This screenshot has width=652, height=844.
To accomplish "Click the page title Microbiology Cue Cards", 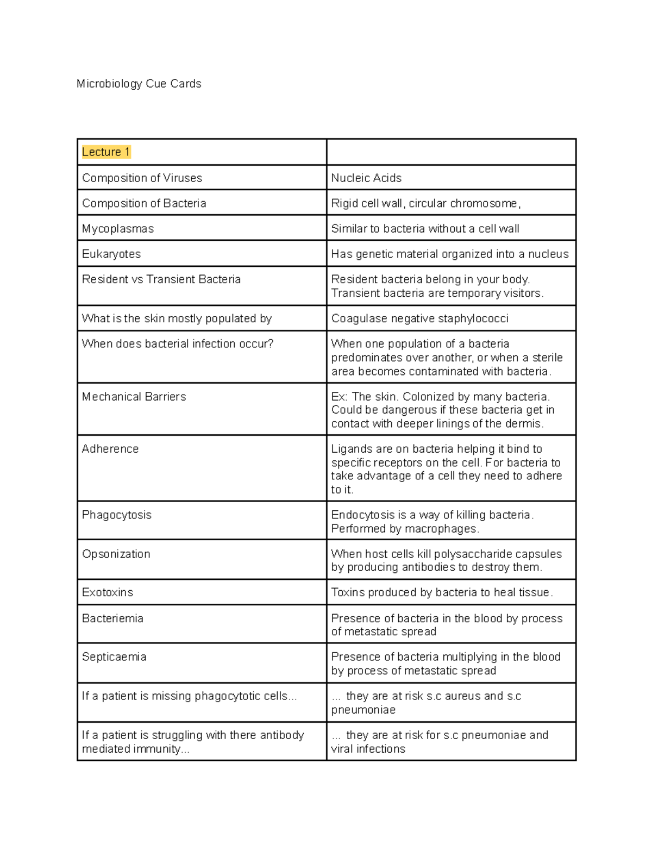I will tap(139, 84).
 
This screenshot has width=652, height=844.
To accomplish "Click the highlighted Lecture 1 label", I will tap(106, 152).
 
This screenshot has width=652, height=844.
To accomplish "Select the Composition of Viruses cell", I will tap(142, 178).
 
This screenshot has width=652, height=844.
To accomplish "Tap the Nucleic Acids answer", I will tap(366, 178).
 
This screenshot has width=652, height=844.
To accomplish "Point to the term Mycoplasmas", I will tap(118, 229).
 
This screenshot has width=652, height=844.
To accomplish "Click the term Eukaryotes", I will tap(111, 254).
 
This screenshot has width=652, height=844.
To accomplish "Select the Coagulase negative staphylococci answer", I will tap(419, 318).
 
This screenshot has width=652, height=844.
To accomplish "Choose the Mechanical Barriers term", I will tap(134, 397).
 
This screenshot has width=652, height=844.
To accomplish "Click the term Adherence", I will tap(110, 449).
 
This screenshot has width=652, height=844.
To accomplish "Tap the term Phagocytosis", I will tap(117, 515).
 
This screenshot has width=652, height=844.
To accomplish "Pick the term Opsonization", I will tap(116, 554).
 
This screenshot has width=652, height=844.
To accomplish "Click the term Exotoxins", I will tap(108, 592).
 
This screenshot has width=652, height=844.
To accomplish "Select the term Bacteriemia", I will tap(112, 618).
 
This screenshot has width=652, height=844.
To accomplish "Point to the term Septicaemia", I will tap(114, 657).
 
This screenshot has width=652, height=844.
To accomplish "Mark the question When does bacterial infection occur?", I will tap(178, 344).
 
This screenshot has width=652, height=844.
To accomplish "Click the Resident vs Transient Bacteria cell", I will tap(161, 279).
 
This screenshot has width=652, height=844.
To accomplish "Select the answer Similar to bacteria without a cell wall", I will tap(425, 229).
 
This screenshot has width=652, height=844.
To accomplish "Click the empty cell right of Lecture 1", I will tap(451, 152).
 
